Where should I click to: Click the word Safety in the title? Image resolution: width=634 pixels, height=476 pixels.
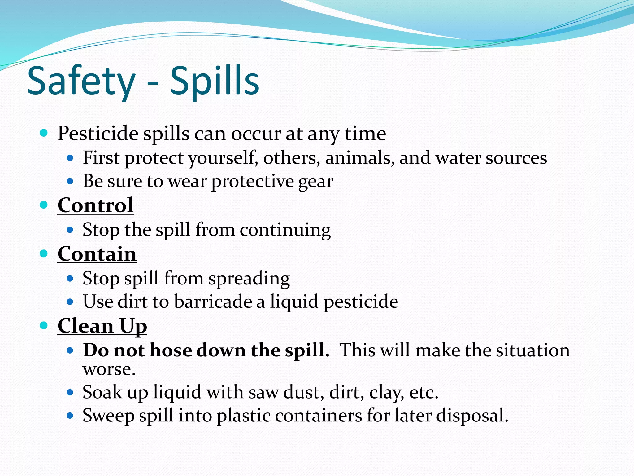click(x=81, y=81)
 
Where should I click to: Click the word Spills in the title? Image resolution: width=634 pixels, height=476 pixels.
click(x=215, y=81)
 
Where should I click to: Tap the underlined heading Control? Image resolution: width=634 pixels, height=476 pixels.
click(x=95, y=205)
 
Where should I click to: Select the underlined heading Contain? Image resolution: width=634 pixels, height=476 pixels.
click(x=97, y=254)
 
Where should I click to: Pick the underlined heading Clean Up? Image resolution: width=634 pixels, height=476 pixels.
click(x=102, y=326)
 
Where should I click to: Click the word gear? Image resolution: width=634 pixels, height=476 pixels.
click(x=315, y=182)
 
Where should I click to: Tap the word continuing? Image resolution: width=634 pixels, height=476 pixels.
click(x=285, y=230)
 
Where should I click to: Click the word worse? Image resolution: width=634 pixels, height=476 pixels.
click(x=109, y=369)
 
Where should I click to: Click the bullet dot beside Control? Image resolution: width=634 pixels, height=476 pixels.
click(x=44, y=205)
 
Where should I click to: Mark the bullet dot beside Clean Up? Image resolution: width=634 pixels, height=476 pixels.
click(x=44, y=325)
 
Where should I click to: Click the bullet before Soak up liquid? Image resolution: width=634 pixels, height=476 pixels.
click(x=70, y=393)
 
